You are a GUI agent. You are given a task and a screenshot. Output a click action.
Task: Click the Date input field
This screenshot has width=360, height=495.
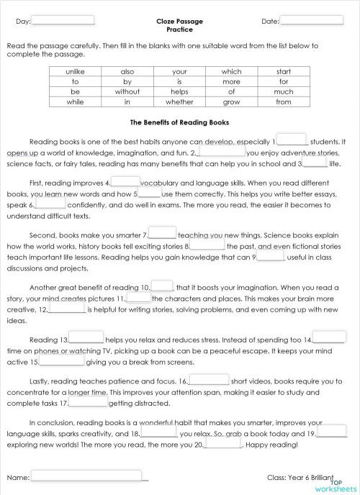310,20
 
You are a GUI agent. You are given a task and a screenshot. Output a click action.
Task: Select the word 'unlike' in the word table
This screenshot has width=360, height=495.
76,72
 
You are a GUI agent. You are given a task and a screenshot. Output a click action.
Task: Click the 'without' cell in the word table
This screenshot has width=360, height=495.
127,91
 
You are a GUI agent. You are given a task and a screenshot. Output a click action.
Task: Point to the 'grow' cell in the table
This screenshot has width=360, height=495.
231,101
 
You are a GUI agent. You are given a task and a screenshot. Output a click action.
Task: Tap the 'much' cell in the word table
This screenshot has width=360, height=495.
283,91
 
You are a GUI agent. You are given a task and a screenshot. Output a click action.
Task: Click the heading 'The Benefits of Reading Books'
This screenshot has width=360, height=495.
180,122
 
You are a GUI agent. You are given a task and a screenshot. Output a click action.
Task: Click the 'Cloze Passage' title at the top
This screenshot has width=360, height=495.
179,22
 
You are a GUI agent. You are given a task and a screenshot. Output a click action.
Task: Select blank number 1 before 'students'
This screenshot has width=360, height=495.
292,140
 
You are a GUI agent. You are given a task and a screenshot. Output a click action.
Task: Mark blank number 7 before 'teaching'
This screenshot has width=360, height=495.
162,234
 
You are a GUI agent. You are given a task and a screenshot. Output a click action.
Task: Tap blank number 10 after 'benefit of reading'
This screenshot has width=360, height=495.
162,286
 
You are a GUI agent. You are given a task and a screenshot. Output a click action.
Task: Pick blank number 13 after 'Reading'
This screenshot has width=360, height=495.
86,338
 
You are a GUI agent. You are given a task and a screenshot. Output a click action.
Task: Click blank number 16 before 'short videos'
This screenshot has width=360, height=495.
209,379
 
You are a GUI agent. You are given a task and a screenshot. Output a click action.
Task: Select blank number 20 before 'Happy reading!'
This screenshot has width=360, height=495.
222,444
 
